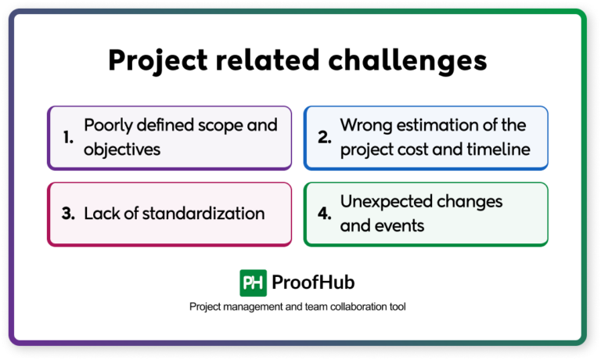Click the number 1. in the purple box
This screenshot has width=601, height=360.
click(69, 138)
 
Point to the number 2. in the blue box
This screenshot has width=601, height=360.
click(324, 138)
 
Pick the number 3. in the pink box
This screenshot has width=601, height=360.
click(69, 214)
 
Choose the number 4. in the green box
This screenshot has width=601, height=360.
click(324, 214)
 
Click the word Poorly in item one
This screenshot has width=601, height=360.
click(109, 125)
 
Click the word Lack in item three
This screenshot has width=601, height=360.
click(101, 214)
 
